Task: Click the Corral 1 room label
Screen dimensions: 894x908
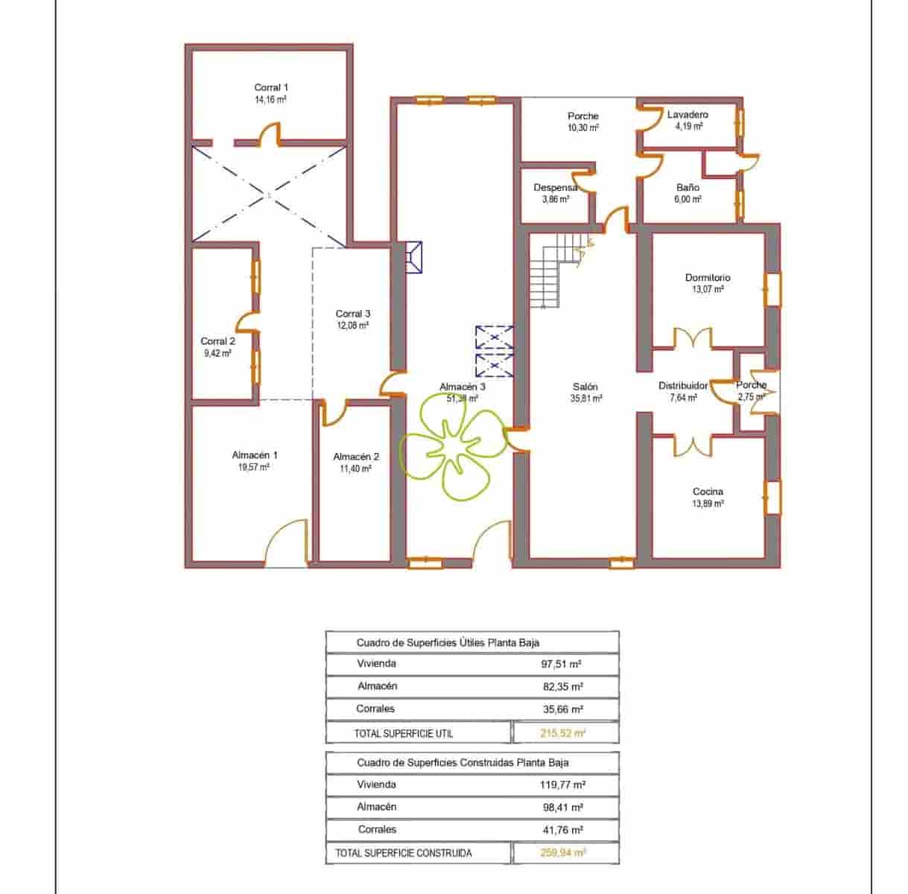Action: click(271, 88)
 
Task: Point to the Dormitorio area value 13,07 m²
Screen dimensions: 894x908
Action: click(708, 290)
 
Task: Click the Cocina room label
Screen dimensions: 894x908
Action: click(708, 492)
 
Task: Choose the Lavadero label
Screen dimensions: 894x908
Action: click(688, 115)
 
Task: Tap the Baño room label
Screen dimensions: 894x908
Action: click(688, 188)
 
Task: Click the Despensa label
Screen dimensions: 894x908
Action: click(556, 188)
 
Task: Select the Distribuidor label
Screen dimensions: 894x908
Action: click(683, 386)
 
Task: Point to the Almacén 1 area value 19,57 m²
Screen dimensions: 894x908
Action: click(254, 467)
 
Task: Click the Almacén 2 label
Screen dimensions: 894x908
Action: click(356, 457)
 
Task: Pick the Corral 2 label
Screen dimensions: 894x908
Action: click(218, 341)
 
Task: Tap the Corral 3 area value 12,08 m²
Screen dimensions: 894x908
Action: click(352, 326)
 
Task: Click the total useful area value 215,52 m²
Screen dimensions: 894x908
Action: click(563, 733)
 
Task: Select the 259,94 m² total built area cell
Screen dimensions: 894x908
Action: click(563, 853)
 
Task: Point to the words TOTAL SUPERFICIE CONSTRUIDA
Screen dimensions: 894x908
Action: click(403, 853)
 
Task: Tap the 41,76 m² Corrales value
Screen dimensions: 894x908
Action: click(562, 829)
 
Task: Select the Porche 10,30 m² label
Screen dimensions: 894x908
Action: click(582, 121)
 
